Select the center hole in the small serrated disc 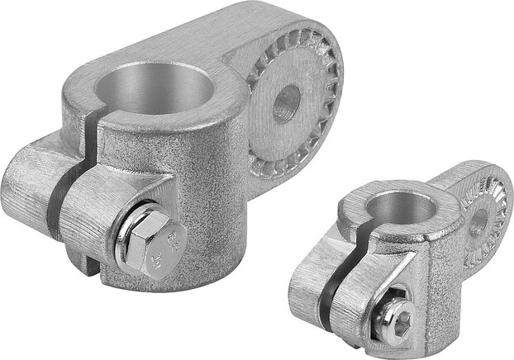click(x=478, y=220)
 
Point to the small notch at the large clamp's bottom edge click(x=97, y=268)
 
